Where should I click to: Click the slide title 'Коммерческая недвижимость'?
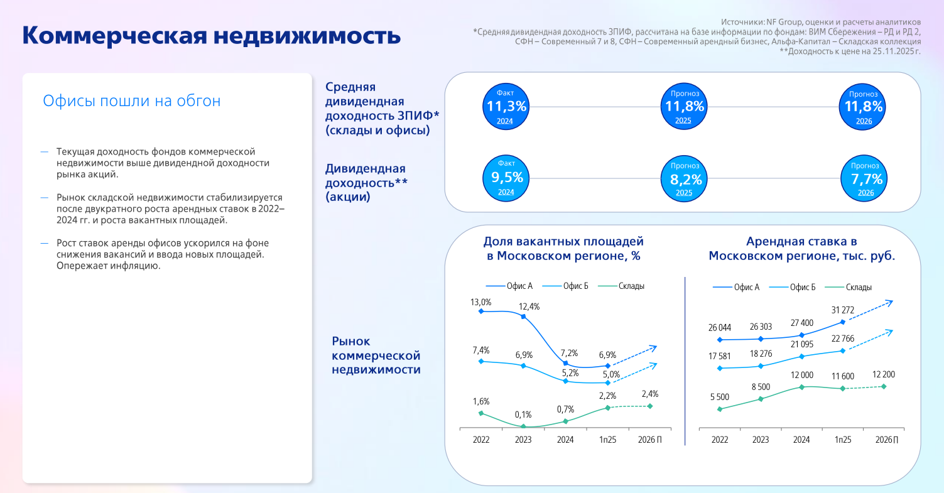[x=211, y=35]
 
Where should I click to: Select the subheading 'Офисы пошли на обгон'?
[x=132, y=101]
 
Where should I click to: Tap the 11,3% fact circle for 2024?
[x=507, y=107]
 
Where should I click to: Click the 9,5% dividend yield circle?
[x=507, y=179]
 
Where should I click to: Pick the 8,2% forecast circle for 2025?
[x=685, y=179]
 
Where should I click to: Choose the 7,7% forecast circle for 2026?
[x=867, y=179]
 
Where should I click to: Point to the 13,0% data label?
[x=480, y=303]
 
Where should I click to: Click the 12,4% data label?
[x=529, y=307]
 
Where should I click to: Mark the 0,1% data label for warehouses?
[x=523, y=414]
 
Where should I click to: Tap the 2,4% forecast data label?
[x=649, y=394]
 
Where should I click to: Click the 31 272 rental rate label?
[x=842, y=310]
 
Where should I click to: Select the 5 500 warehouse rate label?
[x=719, y=397]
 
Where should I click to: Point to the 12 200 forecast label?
[x=884, y=375]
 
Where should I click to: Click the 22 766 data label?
[x=842, y=339]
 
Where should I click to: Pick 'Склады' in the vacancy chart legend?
[x=631, y=286]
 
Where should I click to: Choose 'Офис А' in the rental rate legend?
[x=746, y=288]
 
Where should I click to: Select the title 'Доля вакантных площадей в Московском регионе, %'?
[x=563, y=249]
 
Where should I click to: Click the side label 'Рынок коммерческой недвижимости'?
[x=376, y=355]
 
